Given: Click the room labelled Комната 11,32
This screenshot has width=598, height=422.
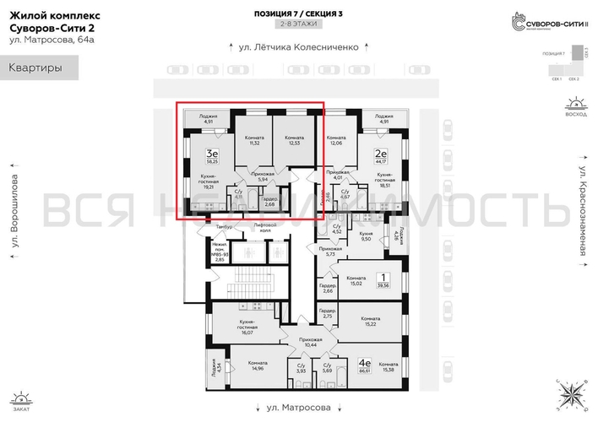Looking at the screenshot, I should [253, 141].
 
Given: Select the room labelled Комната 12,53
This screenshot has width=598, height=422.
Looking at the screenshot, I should [294, 141].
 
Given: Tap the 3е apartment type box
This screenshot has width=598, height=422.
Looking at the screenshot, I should [214, 154].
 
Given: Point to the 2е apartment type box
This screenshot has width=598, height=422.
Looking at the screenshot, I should [381, 154].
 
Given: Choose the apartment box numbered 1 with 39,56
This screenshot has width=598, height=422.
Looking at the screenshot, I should [384, 279].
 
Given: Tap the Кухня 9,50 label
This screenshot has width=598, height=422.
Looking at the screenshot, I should [366, 237].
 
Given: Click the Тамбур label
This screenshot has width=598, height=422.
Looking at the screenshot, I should [224, 228].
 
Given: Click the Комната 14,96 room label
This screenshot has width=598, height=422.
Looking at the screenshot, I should [253, 365].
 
